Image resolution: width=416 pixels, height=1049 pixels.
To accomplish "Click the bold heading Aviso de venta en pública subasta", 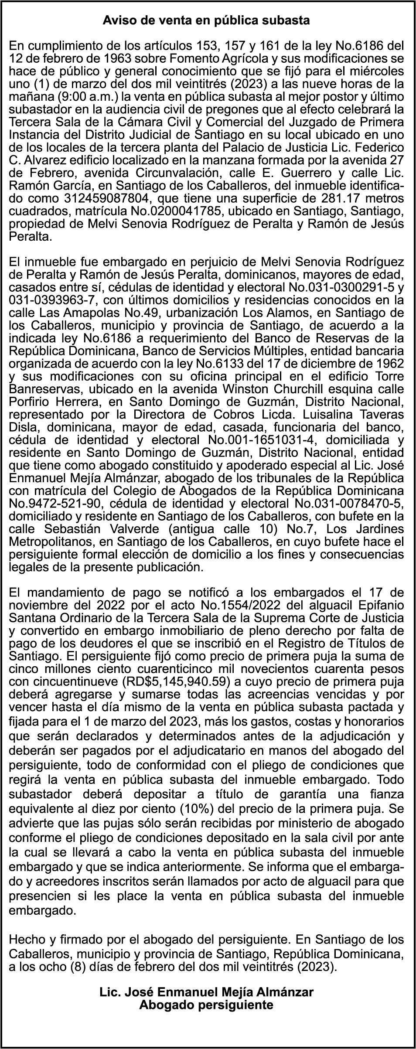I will [206, 20].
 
